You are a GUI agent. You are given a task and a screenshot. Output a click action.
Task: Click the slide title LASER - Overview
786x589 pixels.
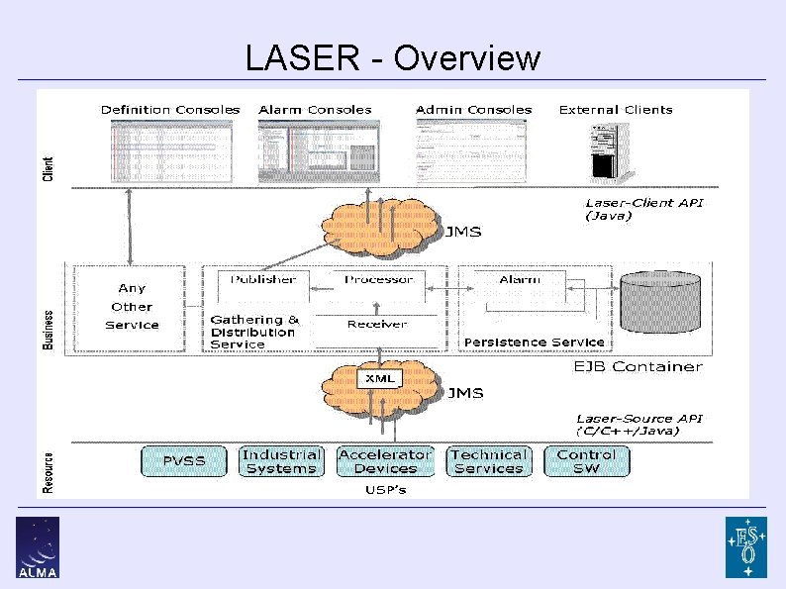pyautogui.click(x=393, y=58)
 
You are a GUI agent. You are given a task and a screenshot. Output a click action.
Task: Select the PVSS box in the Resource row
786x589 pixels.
pyautogui.click(x=183, y=461)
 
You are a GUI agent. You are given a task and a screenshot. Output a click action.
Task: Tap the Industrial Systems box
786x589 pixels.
pyautogui.click(x=281, y=461)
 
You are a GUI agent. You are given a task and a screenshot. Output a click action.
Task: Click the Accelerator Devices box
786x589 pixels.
pyautogui.click(x=385, y=461)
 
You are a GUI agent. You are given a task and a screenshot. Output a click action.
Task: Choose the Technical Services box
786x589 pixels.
pyautogui.click(x=489, y=461)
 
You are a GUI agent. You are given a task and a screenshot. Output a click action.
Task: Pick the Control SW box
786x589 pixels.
pyautogui.click(x=586, y=461)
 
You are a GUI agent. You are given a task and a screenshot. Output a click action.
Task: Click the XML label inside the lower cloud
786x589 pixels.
pyautogui.click(x=379, y=378)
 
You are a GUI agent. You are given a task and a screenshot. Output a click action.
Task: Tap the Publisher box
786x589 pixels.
pyautogui.click(x=263, y=280)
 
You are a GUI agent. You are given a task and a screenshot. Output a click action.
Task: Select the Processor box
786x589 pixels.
pyautogui.click(x=378, y=280)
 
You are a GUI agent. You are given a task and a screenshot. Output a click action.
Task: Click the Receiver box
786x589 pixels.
pyautogui.click(x=376, y=324)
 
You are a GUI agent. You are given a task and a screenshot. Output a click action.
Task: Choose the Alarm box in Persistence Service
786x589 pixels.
pyautogui.click(x=520, y=280)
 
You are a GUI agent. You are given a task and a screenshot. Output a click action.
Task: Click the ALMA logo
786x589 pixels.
pyautogui.click(x=38, y=546)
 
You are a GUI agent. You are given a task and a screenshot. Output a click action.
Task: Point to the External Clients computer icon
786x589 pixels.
pyautogui.click(x=614, y=150)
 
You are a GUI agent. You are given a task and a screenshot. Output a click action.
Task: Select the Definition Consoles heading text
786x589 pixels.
pyautogui.click(x=170, y=110)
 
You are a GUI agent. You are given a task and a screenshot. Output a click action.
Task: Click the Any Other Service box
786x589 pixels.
pyautogui.click(x=131, y=306)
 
